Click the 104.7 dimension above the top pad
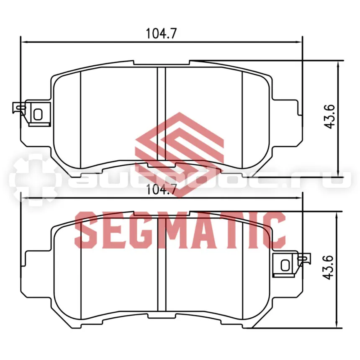point(161,33)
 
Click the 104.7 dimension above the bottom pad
point(161,190)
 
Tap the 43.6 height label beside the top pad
point(330,117)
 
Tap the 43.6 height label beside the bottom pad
point(327,267)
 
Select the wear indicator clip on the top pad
point(31,113)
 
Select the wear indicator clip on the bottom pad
point(291,265)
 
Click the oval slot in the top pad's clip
point(38,114)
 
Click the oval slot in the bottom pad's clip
point(285,265)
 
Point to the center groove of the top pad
point(162,114)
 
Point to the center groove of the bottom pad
point(162,265)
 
